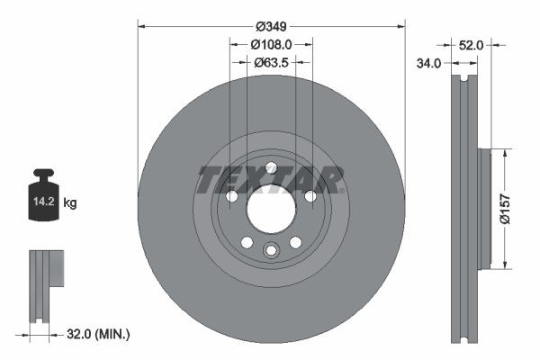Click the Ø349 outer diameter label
270,15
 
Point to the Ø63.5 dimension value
271,63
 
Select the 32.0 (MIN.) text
98,335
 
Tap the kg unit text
70,203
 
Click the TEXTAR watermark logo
271,180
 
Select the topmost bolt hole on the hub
271,166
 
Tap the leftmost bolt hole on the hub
230,196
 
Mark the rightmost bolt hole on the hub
310,196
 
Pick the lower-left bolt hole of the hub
246,242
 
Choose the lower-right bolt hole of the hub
295,242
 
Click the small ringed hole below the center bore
271,251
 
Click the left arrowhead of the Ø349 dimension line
142,25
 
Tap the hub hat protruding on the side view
482,208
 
